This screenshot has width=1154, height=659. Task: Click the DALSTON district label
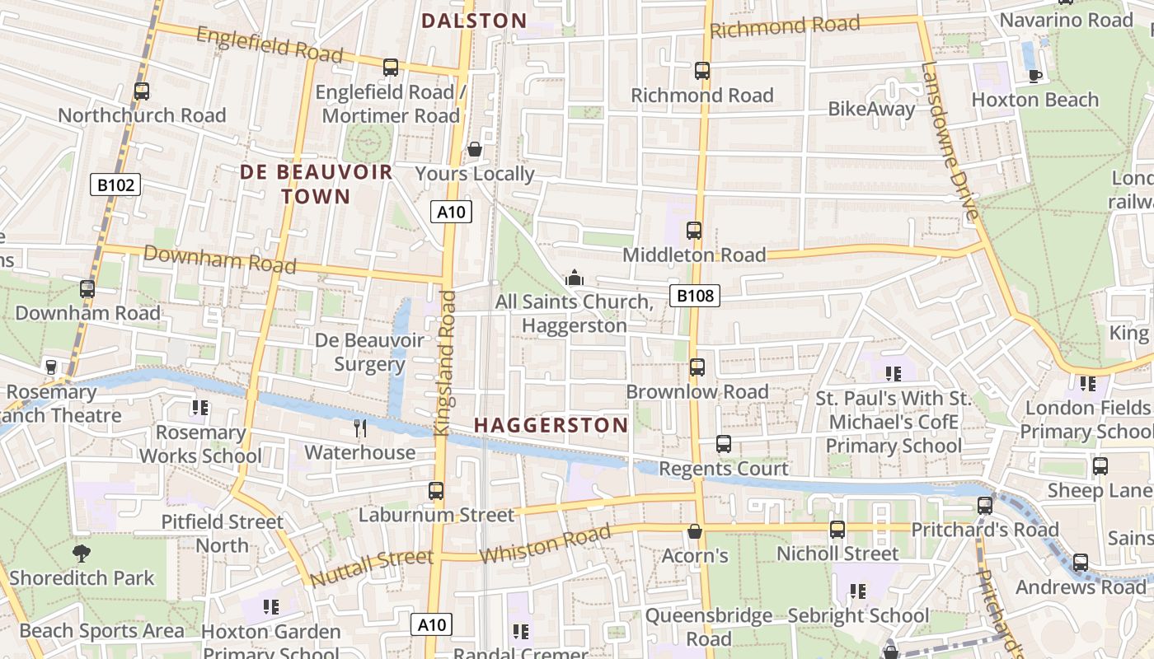(x=474, y=21)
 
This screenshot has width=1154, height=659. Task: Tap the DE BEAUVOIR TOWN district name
(x=317, y=184)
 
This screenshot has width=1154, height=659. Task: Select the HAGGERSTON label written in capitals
(x=551, y=425)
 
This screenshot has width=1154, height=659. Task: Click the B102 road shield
(x=115, y=185)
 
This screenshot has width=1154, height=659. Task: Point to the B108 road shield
(x=694, y=295)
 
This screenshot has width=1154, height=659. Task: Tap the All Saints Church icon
(x=575, y=278)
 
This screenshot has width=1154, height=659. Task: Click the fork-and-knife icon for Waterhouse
(x=360, y=428)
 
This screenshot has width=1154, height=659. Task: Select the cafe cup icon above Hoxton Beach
(x=1035, y=76)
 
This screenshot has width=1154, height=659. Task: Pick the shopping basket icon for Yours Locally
(x=475, y=149)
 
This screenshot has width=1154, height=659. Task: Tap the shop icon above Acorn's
(x=695, y=531)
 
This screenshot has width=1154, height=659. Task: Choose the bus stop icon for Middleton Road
(x=694, y=231)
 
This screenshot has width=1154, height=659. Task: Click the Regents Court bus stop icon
(x=723, y=444)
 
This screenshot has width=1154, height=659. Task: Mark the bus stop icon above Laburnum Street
(x=436, y=491)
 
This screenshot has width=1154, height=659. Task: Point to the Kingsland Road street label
(x=444, y=362)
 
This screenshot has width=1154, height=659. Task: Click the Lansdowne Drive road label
(x=948, y=140)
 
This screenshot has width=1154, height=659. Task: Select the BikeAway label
(x=871, y=109)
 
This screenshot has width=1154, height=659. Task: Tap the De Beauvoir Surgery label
(x=369, y=352)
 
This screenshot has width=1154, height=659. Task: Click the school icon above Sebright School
(x=858, y=591)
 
